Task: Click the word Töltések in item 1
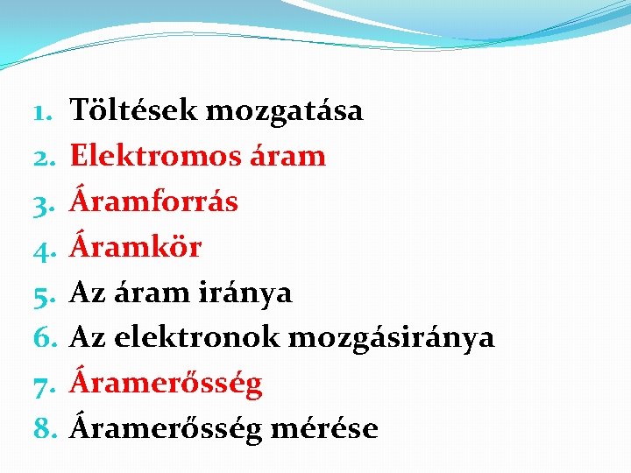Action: coord(132,111)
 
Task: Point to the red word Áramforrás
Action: coord(153,201)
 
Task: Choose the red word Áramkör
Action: coord(136,247)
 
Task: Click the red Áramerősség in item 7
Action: coord(166,384)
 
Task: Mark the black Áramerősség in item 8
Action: coord(166,428)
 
